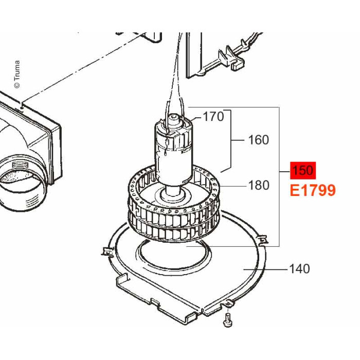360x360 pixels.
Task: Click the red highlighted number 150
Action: (303, 170)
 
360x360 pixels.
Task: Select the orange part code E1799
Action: (313, 190)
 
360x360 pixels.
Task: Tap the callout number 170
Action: (213, 116)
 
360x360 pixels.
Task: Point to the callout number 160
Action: (258, 140)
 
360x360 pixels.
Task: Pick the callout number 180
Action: (259, 185)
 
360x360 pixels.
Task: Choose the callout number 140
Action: (300, 268)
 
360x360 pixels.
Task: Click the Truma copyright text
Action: (17, 74)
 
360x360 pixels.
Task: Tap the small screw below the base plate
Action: (227, 319)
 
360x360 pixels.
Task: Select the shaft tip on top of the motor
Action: (174, 117)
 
